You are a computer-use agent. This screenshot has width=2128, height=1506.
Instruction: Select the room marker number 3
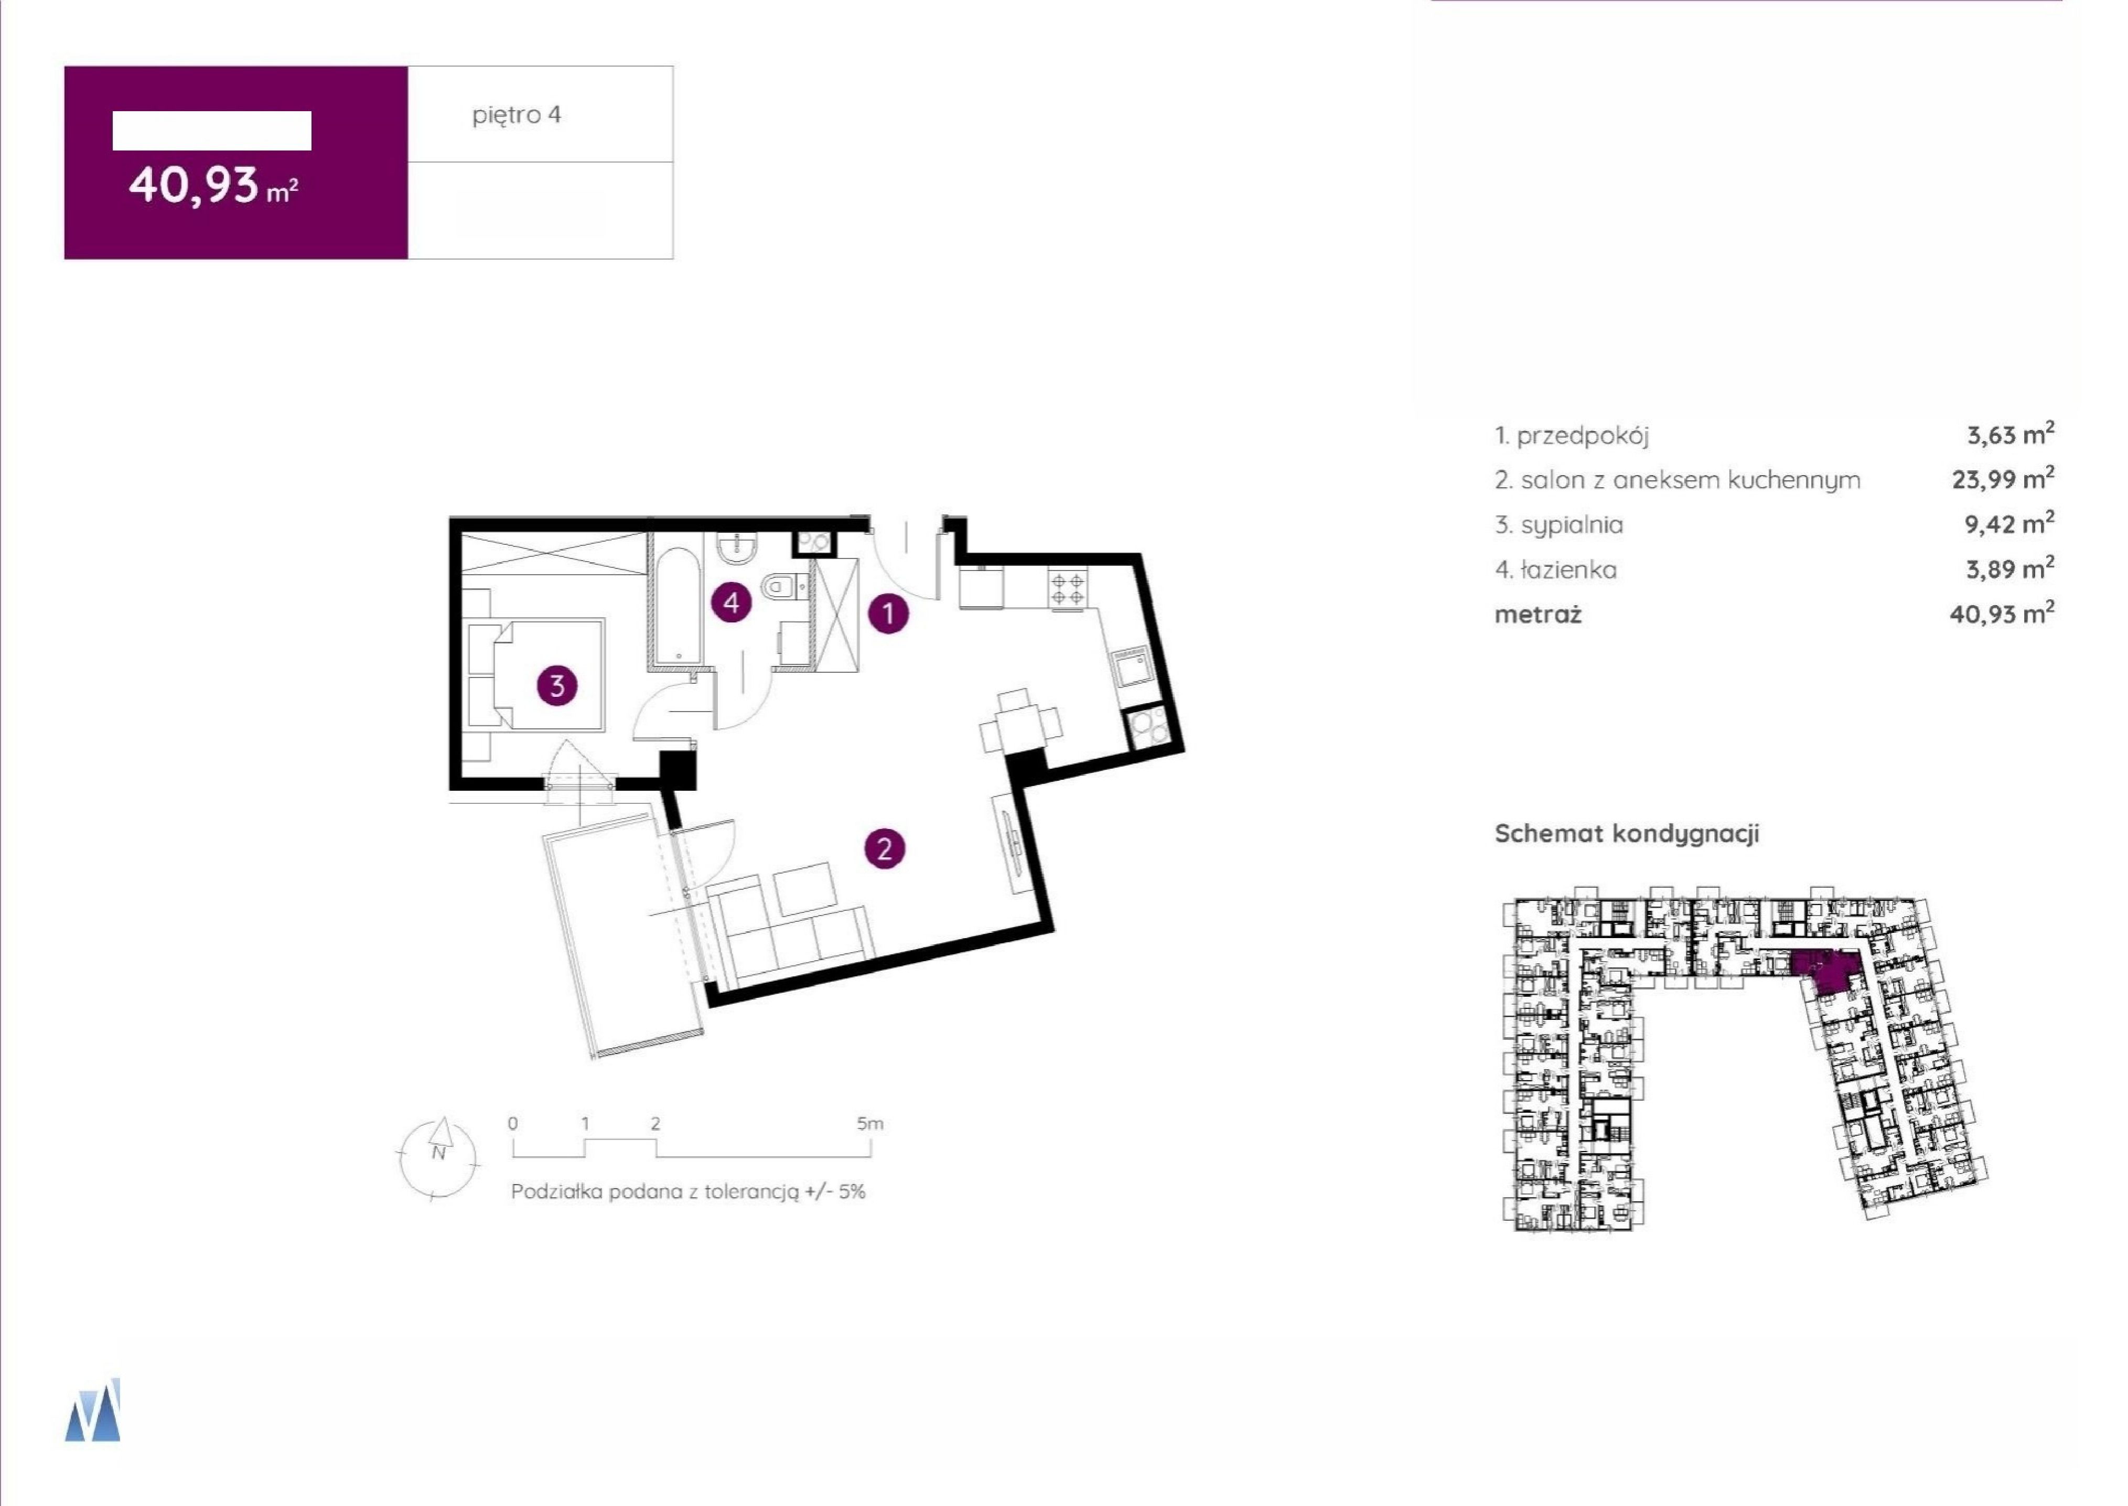click(557, 686)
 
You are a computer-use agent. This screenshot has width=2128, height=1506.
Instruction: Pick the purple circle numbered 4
click(732, 603)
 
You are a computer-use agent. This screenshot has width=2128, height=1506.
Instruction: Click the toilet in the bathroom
click(783, 586)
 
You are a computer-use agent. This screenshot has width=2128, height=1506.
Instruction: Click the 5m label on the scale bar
click(870, 1124)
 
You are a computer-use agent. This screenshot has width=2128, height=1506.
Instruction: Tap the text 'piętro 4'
click(517, 115)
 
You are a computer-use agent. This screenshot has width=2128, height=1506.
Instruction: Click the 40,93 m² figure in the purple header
click(213, 185)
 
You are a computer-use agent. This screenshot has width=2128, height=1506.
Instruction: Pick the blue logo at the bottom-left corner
click(93, 1411)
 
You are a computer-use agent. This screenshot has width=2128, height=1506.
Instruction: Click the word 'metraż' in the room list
click(1538, 614)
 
